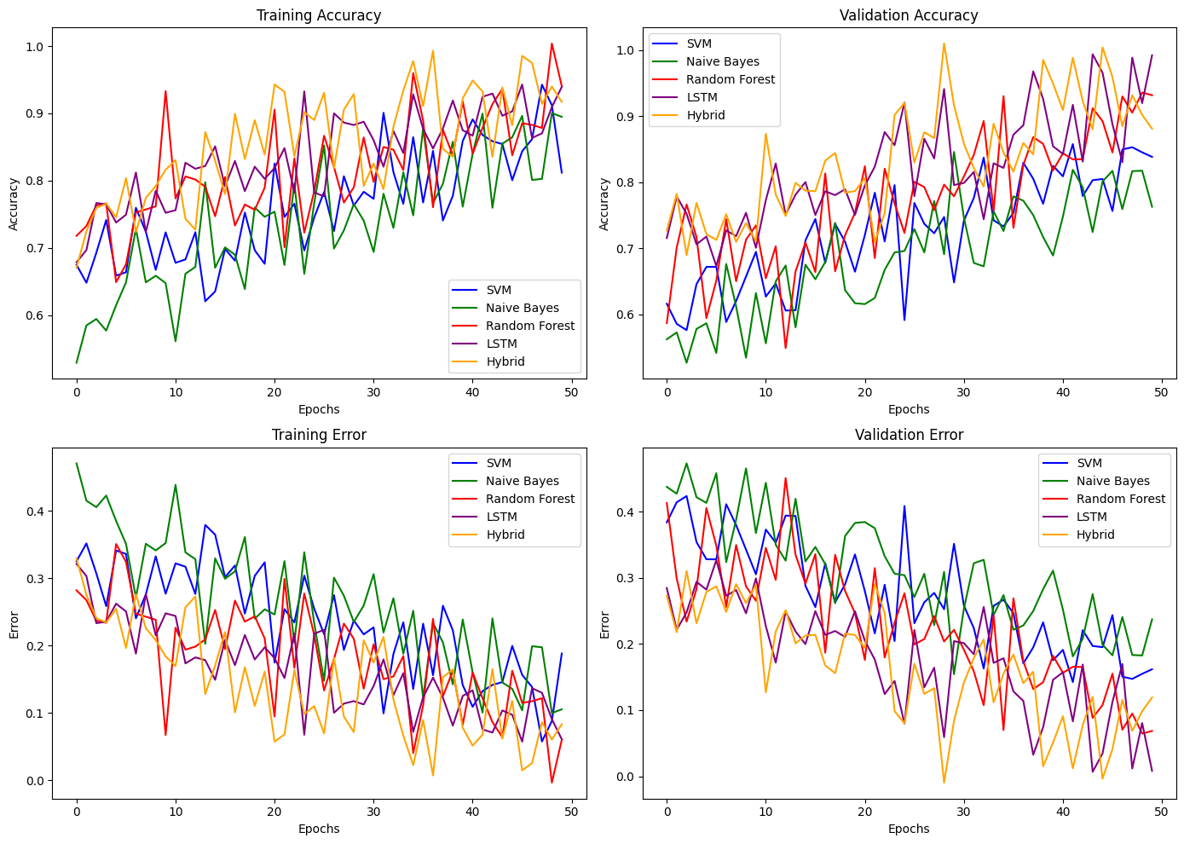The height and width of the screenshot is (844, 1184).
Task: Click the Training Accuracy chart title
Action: coord(319,15)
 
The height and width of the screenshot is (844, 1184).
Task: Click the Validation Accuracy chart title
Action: coord(909,15)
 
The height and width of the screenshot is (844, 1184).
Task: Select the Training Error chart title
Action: coord(319,435)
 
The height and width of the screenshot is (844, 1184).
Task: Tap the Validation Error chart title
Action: coord(909,435)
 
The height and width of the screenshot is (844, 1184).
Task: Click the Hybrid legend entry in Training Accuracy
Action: coord(505,361)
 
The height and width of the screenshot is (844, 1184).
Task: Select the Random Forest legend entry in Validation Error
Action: coord(1120,499)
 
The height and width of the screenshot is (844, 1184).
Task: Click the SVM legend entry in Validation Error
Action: coord(1089,463)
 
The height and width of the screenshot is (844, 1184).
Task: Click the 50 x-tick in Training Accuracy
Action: coord(571,391)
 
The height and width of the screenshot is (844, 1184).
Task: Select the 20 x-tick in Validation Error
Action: coord(864,811)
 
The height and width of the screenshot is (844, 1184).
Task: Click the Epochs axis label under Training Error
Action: coord(319,829)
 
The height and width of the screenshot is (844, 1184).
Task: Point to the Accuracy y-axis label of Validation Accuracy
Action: coord(604,204)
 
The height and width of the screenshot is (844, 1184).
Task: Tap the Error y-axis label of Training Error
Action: coord(14,624)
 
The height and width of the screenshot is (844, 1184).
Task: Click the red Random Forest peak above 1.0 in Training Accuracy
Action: coord(552,43)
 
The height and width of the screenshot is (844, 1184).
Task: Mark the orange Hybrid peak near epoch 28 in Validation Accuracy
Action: coord(944,43)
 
